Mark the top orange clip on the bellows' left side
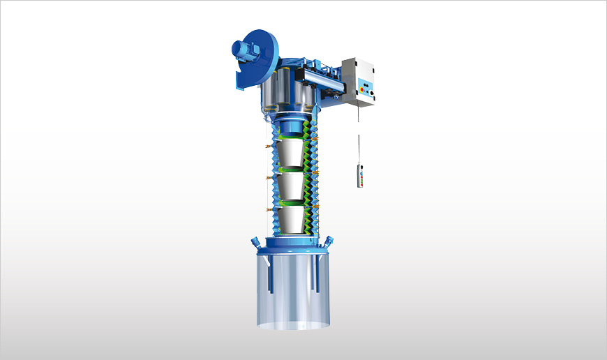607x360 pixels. pyautogui.click(x=268, y=148)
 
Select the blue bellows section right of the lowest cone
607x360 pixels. pyautogui.click(x=314, y=218)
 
